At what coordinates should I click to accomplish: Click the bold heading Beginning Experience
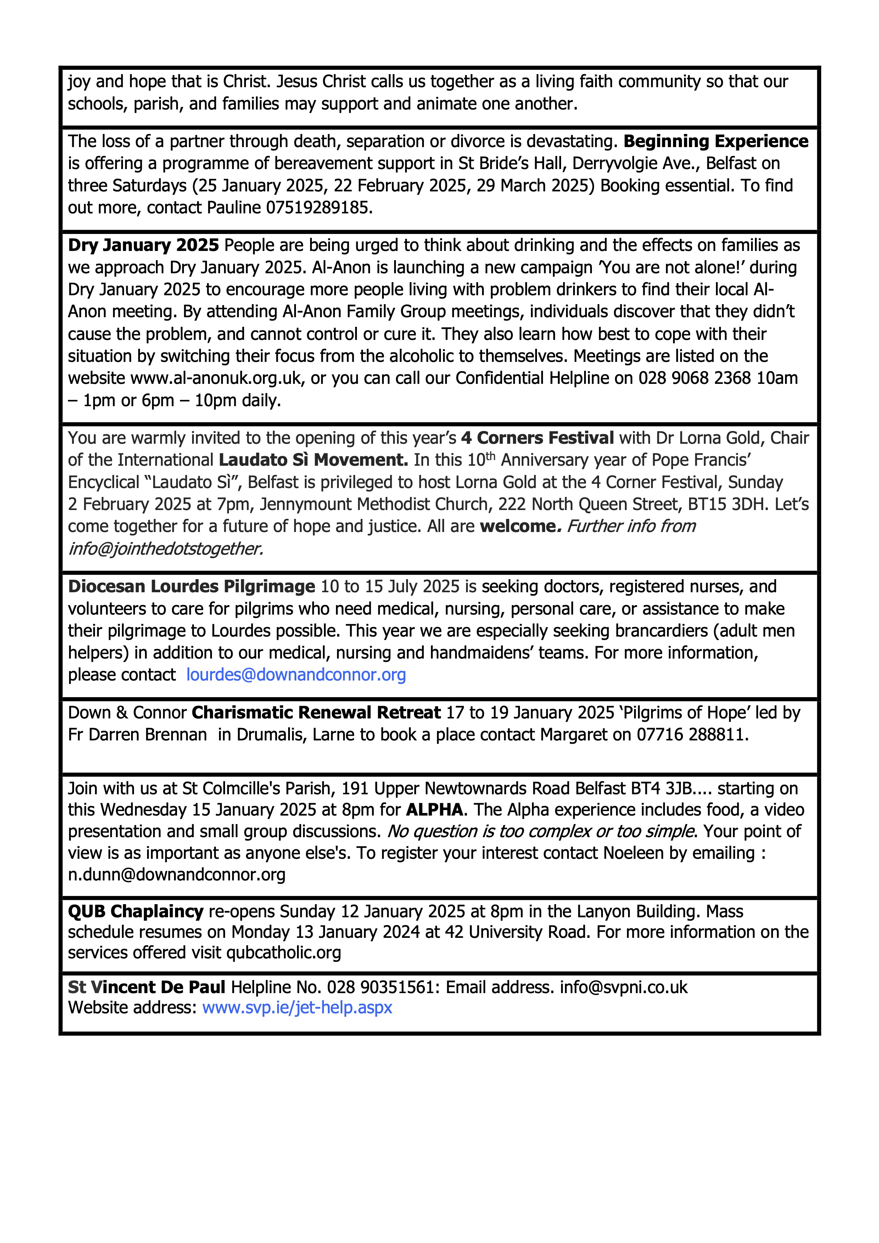716,141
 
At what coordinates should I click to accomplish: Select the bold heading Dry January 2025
144,245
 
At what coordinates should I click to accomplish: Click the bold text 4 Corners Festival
537,437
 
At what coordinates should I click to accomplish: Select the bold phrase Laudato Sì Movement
313,460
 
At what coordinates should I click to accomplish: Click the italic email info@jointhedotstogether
165,548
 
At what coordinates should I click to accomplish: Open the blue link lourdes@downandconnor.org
296,674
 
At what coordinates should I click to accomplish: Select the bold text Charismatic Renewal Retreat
316,712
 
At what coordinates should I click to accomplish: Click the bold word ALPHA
434,810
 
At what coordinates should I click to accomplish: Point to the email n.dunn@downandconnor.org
177,874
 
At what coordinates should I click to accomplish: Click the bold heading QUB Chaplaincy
135,911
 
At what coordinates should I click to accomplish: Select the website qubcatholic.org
284,952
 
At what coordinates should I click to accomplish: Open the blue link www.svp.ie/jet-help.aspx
297,1008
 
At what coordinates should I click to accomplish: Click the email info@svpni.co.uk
623,987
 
